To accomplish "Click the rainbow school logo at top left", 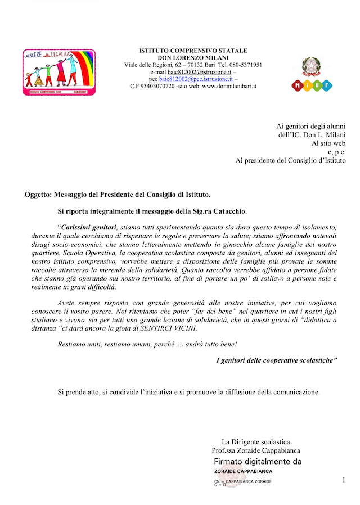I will click(59, 72).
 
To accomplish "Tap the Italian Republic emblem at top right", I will click(312, 66).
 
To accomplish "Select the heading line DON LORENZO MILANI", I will click(193, 58).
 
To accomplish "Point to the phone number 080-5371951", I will click(243, 65).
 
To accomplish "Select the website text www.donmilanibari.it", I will click(229, 86).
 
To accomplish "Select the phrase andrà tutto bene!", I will click(238, 344).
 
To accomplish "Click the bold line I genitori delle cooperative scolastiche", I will click(277, 360).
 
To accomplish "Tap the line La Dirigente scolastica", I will click(256, 442).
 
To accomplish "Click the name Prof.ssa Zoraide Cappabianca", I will click(256, 450).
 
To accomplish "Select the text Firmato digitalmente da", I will click(258, 461).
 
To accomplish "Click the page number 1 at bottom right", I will click(344, 480).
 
